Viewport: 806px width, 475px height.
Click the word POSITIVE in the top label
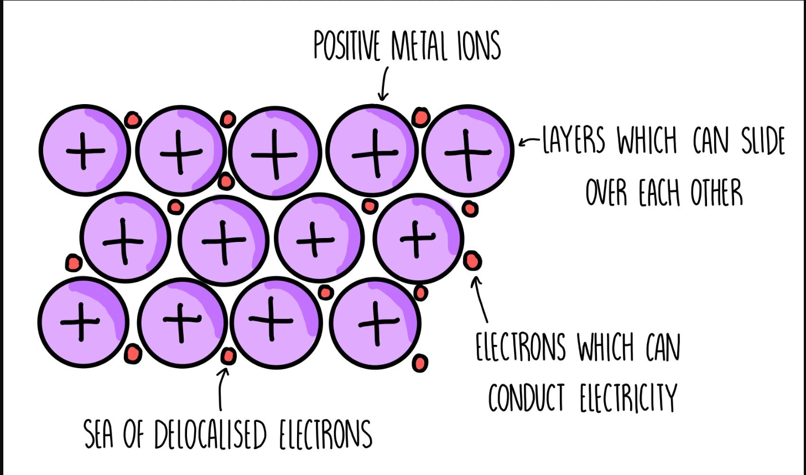point(346,45)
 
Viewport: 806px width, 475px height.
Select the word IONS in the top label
point(479,46)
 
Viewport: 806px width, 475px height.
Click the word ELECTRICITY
point(628,397)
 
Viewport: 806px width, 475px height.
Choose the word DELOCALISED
point(211,435)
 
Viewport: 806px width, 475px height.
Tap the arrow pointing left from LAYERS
point(529,142)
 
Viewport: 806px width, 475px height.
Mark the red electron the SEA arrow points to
point(228,356)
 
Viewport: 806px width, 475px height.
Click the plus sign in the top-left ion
point(85,150)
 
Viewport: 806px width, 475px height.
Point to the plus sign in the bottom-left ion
point(81,322)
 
